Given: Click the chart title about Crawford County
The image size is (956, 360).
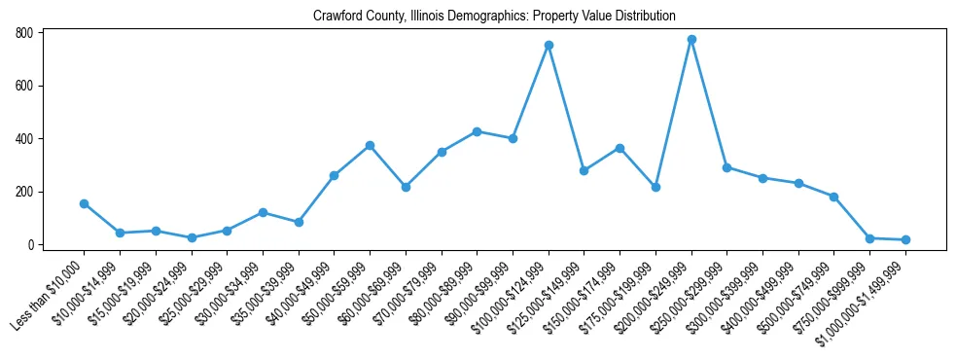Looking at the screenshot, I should (x=494, y=17).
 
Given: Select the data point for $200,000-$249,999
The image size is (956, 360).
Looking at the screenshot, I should (x=691, y=40).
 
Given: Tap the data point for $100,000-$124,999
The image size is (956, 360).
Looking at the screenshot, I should (x=549, y=45).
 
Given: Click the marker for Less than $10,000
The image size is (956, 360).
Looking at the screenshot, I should (x=85, y=203).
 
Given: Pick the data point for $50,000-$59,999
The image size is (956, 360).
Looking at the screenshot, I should (x=370, y=146).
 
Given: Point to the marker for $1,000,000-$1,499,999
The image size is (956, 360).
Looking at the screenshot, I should (x=905, y=239).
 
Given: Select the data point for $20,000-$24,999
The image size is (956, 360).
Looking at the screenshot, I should (x=192, y=237).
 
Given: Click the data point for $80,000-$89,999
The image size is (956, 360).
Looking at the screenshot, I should (x=477, y=131).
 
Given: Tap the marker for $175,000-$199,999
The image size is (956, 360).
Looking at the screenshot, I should (x=655, y=187).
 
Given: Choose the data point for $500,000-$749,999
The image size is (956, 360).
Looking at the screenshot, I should (x=833, y=197).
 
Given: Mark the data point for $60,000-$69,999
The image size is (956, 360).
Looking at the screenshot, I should (x=406, y=187).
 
